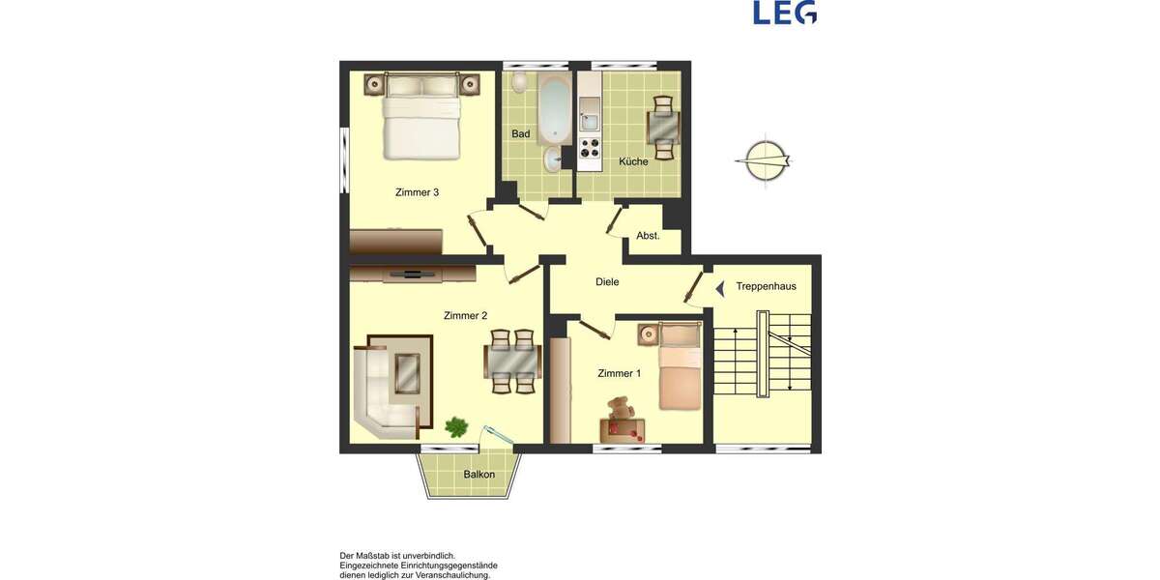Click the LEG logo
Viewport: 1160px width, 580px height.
785,13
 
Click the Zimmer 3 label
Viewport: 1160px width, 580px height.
417,192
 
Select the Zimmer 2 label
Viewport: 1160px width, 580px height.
465,315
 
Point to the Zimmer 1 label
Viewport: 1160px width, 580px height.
619,373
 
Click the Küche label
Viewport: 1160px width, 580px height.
633,161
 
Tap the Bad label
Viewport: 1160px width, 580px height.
521,134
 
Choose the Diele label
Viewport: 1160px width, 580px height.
607,282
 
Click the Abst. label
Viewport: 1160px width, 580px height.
648,236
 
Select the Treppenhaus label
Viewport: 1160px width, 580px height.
766,286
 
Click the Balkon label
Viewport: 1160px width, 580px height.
479,475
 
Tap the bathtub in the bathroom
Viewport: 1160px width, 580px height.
555,107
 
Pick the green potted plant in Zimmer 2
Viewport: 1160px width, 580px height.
456,425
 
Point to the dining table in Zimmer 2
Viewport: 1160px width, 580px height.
511,363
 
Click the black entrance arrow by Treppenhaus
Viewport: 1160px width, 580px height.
719,287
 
